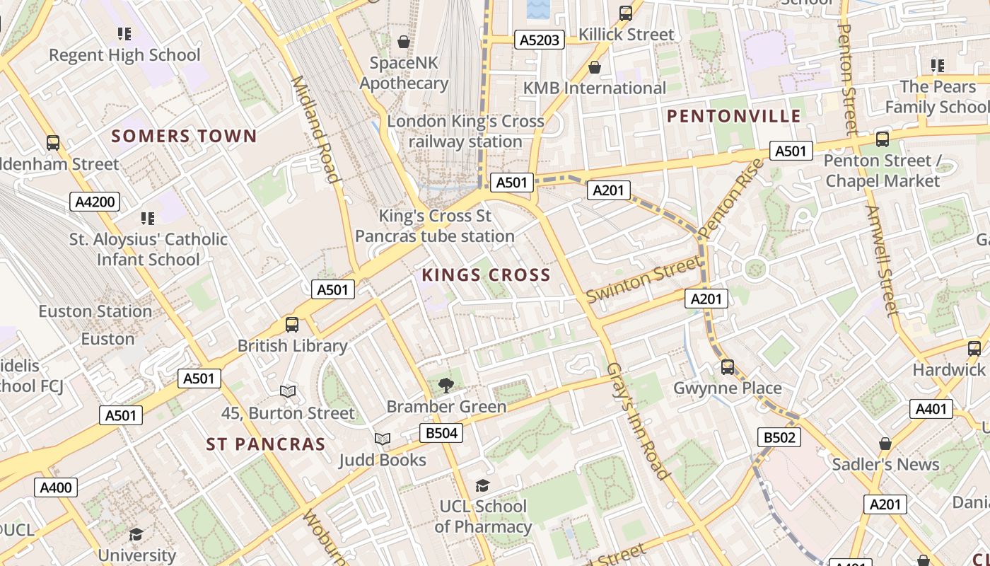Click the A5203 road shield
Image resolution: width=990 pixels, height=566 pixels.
(540, 40)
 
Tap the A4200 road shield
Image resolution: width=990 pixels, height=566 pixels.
(95, 202)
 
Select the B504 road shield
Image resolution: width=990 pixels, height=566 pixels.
(441, 433)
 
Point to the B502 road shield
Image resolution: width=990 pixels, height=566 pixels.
(779, 438)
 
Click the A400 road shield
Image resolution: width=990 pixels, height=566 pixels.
(56, 487)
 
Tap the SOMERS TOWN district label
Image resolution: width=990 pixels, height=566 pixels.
(184, 136)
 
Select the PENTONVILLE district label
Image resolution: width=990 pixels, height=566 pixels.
(734, 116)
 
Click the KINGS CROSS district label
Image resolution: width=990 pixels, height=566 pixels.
(486, 275)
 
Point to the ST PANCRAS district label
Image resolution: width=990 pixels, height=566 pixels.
(266, 444)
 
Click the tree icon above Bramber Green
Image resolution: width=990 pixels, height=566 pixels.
(445, 386)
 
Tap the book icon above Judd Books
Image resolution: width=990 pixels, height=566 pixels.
(383, 439)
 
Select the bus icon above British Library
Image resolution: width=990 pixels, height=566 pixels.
(292, 325)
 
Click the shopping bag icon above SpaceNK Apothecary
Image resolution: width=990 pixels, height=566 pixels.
(404, 42)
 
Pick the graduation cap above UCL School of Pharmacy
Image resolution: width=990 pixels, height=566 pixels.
(483, 485)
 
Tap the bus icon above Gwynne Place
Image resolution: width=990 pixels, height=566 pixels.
(728, 367)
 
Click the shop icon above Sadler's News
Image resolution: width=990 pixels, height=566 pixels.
(885, 444)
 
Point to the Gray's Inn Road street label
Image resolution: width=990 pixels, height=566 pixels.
(637, 422)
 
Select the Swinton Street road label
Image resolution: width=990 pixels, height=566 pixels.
(643, 279)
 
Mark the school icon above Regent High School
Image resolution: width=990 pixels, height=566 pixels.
(124, 33)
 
